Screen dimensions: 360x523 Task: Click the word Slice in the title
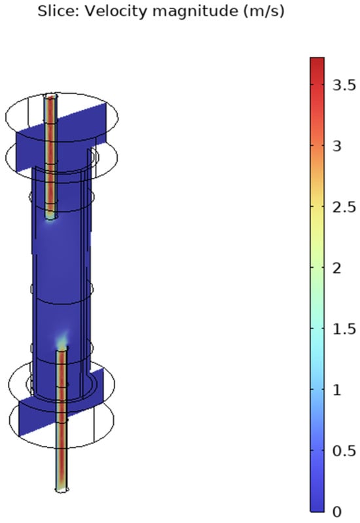(57, 10)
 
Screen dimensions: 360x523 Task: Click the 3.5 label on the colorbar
(344, 85)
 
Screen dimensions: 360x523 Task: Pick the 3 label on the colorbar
(337, 146)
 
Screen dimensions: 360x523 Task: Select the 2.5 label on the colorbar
(344, 207)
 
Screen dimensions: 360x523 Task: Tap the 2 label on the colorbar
(337, 268)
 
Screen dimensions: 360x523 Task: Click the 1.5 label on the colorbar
(344, 329)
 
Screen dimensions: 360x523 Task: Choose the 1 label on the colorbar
(337, 389)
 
